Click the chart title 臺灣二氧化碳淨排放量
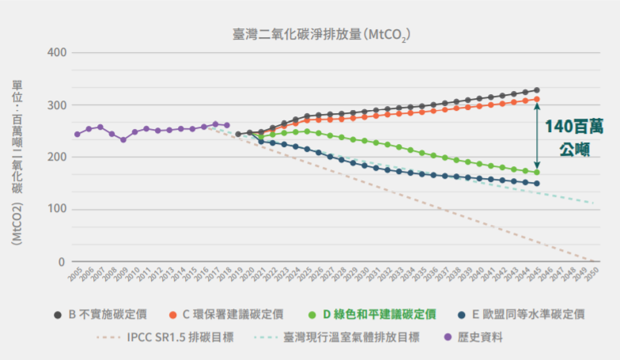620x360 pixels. pyautogui.click(x=321, y=34)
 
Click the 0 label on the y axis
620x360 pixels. pyautogui.click(x=62, y=262)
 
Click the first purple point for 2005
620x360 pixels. pyautogui.click(x=77, y=134)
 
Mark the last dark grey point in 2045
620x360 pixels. pyautogui.click(x=536, y=90)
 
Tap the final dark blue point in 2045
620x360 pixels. pyautogui.click(x=536, y=184)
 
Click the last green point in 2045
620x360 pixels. pyautogui.click(x=536, y=172)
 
